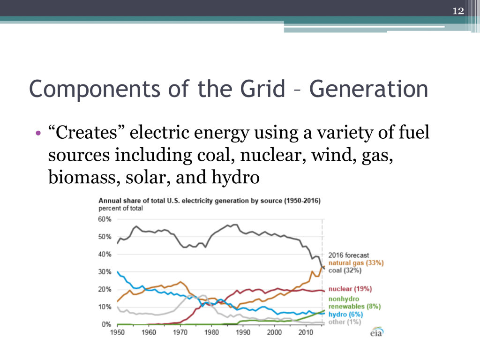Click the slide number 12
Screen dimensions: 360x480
tap(458, 11)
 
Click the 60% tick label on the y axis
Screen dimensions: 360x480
tap(105, 219)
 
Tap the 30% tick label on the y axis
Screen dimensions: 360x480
tap(105, 272)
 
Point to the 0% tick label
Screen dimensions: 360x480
tap(107, 324)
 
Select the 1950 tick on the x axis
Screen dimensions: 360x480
tap(117, 333)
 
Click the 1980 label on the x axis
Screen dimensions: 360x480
tap(211, 333)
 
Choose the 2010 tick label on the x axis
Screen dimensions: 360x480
tap(306, 333)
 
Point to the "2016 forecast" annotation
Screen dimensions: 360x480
tap(348, 255)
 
